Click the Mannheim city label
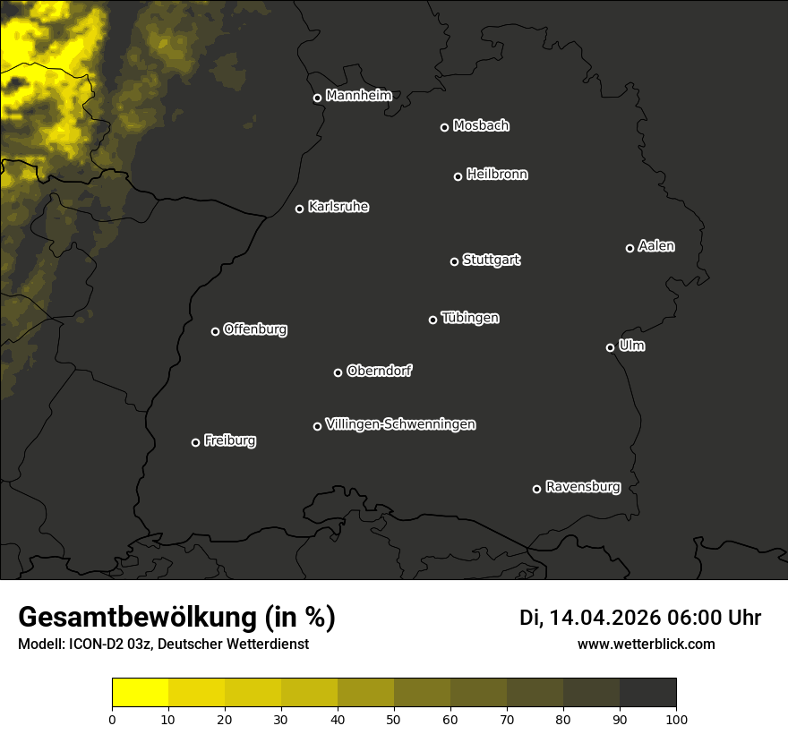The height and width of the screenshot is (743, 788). [x=359, y=96]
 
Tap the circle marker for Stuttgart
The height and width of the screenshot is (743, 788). [x=454, y=261]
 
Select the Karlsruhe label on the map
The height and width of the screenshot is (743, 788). [x=338, y=207]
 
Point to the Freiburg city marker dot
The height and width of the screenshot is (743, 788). [x=195, y=442]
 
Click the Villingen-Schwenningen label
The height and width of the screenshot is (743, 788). [x=400, y=424]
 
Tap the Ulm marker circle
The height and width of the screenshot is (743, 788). [x=610, y=347]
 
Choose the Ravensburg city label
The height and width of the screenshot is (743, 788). [x=582, y=487]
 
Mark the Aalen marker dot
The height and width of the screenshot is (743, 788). [x=630, y=248]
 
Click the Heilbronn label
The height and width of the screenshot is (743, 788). [x=497, y=175]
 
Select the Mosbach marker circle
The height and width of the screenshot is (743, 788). [x=444, y=127]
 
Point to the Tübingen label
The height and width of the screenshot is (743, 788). [x=470, y=318]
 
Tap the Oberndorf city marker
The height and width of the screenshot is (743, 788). [x=338, y=372]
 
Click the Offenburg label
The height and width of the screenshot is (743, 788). [x=255, y=329]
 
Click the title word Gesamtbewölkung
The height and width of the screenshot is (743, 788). [x=134, y=618]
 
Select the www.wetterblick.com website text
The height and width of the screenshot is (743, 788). [x=646, y=645]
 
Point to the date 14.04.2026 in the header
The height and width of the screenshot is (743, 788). [x=605, y=618]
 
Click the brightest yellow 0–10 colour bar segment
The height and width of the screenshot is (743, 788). [x=140, y=692]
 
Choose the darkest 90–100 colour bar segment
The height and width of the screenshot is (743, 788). [x=647, y=692]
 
